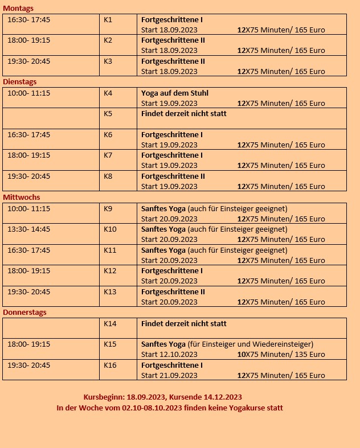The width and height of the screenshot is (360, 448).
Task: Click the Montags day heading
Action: [18, 9]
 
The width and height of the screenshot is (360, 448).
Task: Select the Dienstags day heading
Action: [20, 82]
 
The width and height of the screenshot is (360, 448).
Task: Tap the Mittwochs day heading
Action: [21, 198]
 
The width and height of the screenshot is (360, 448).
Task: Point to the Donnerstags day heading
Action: [24, 313]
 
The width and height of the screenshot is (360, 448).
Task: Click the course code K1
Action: [108, 19]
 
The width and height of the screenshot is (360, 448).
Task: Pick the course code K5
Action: [108, 113]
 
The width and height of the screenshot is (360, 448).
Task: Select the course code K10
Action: [110, 229]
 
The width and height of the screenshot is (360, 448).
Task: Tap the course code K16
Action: [110, 365]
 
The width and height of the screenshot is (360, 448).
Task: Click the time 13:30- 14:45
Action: [28, 229]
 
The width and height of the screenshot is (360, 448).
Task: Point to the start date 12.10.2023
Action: [178, 355]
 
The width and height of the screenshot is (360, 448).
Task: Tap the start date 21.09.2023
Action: [178, 376]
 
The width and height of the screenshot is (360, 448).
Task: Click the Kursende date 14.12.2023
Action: [222, 397]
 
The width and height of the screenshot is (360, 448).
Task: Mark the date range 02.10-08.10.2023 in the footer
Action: [152, 408]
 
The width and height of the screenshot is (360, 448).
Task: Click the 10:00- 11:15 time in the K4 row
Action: [28, 93]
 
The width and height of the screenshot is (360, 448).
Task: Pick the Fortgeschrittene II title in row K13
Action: [173, 291]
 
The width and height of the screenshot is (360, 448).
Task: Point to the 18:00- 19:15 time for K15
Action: [28, 344]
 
